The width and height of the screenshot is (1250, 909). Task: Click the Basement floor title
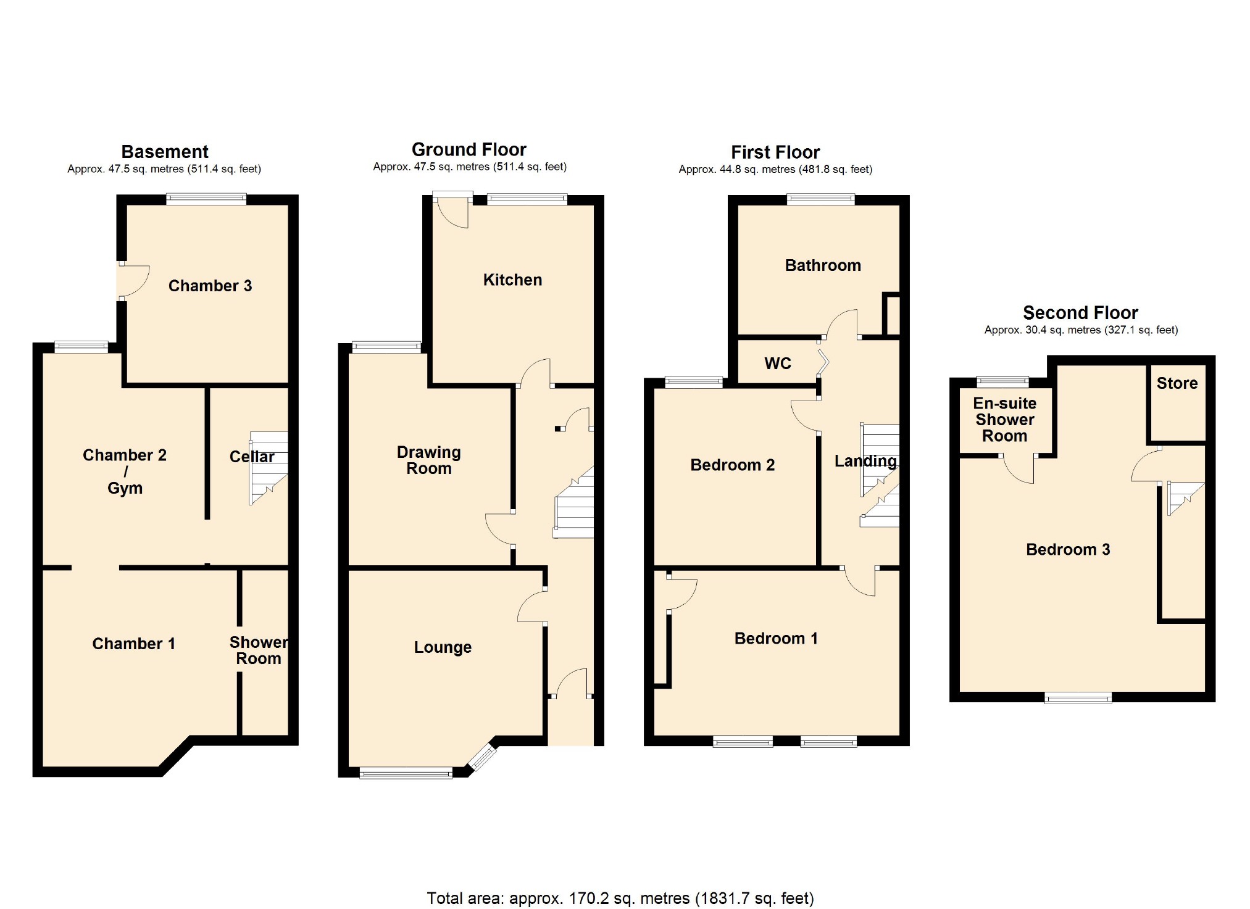[x=165, y=152]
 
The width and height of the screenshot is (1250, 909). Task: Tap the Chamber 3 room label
[x=210, y=286]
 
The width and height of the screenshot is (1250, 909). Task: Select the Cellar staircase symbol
[x=269, y=468]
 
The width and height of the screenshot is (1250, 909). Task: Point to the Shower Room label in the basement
[x=259, y=650]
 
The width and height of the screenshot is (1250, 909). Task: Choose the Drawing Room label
[x=428, y=460]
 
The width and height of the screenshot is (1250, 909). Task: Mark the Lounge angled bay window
[x=482, y=757]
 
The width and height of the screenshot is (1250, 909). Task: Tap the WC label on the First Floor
[x=777, y=363]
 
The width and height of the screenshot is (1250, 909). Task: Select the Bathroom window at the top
[x=820, y=199]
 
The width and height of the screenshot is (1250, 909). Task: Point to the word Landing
[x=865, y=461]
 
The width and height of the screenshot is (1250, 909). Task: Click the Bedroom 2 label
[x=732, y=465]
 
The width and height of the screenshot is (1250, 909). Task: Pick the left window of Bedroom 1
[x=743, y=741]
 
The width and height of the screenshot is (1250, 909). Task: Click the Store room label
[x=1177, y=383]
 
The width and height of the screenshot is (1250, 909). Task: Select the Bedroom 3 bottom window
[x=1078, y=698]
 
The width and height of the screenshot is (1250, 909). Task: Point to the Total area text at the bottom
[x=620, y=898]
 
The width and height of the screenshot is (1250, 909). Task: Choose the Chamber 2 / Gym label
[x=125, y=471]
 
